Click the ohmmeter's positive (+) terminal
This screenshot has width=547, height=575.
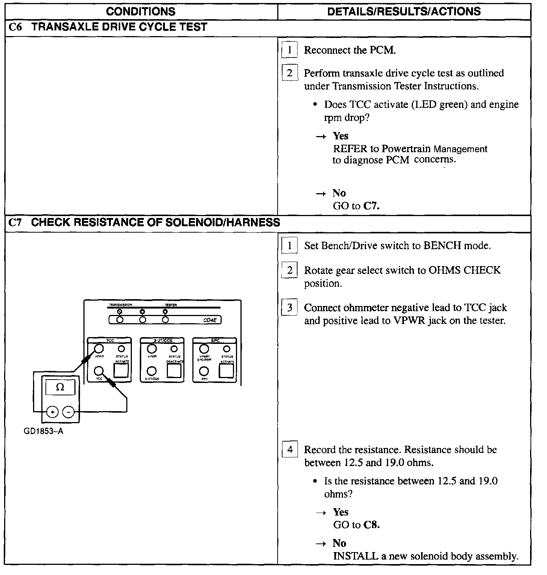click(53, 412)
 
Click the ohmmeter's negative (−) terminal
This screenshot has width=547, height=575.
click(68, 412)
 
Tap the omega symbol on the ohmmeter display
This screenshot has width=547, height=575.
click(60, 387)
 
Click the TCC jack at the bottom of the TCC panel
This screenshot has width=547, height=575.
click(99, 371)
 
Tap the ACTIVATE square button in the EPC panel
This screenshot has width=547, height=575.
click(226, 371)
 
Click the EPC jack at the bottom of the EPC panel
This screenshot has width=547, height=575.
click(204, 371)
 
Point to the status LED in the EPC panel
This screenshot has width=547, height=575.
click(227, 349)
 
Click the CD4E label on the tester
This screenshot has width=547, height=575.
click(210, 321)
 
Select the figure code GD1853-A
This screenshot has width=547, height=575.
click(43, 431)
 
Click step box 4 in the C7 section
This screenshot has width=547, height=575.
click(290, 449)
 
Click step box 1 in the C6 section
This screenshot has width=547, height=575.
click(290, 50)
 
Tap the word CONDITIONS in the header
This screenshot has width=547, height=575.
click(141, 11)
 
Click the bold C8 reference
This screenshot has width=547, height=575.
click(372, 525)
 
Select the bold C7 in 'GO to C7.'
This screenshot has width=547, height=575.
click(372, 206)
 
